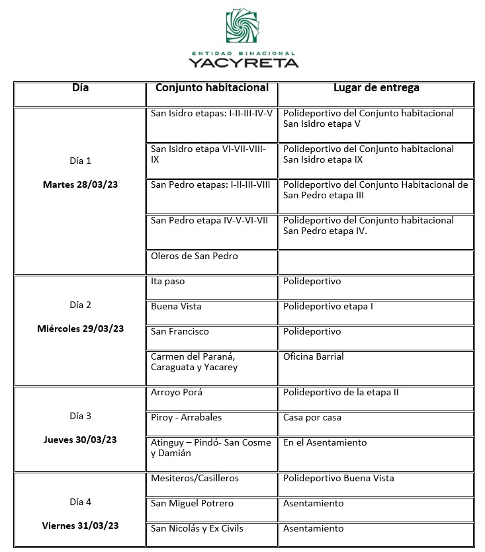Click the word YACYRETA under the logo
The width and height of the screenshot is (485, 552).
[243, 63]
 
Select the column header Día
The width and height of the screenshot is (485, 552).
[79, 88]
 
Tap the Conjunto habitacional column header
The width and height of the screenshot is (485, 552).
[212, 88]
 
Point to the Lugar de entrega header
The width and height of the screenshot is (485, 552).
[376, 88]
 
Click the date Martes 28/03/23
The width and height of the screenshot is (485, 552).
[80, 184]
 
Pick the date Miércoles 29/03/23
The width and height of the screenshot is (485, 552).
[80, 329]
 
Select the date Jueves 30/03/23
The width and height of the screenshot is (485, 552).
[80, 440]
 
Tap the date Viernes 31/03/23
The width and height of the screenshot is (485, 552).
[80, 526]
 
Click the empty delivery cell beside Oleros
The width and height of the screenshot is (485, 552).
[376, 262]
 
